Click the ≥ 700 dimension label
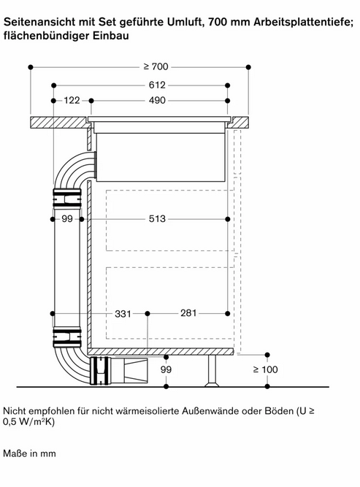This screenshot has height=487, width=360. coord(156,66)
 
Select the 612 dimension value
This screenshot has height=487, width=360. coord(157,85)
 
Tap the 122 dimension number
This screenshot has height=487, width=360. coord(72,100)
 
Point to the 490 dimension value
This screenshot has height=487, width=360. coord(157,100)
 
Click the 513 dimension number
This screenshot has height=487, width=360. coord(157,219)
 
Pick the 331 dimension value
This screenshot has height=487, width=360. coord(123,314)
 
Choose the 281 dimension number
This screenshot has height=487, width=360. coord(188,312)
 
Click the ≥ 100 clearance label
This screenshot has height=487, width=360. coord(266,369)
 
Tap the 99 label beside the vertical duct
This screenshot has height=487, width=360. coord(67,219)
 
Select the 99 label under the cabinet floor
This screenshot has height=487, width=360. coord(166,369)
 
